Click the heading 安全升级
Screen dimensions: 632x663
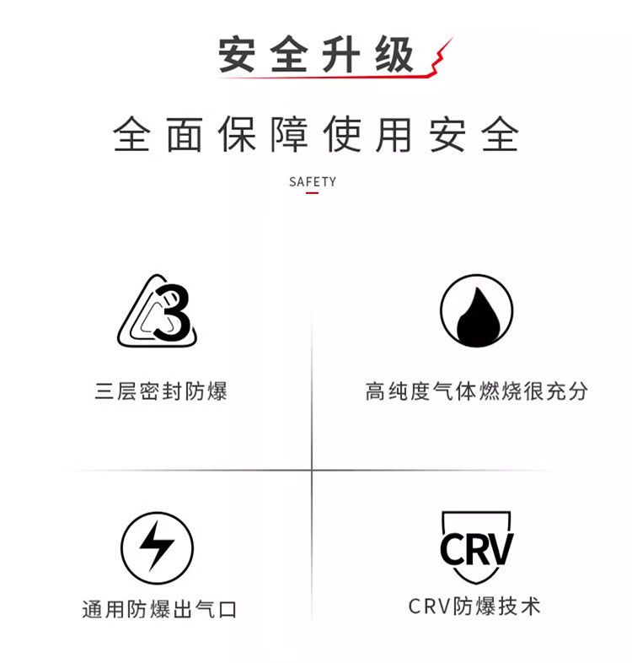coord(316,57)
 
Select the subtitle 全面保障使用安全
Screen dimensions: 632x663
coord(316,135)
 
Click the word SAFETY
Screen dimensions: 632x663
coord(312,181)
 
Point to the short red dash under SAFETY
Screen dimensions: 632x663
coord(312,193)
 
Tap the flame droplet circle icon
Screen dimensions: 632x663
coord(476,311)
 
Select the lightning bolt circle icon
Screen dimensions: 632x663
coord(157,547)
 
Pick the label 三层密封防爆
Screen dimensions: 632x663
coord(160,391)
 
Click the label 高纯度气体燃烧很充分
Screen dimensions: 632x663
coord(476,391)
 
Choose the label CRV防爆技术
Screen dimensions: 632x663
coord(474,606)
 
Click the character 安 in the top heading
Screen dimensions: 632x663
coord(238,57)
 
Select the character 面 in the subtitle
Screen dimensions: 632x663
coord(185,135)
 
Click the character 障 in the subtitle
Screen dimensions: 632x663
coord(289,135)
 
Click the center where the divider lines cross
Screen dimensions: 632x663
coord(312,470)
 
